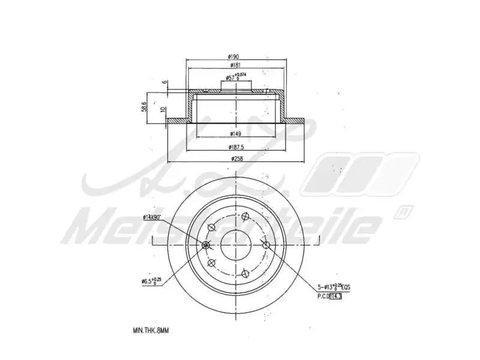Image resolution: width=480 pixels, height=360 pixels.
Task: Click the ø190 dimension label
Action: [235, 57]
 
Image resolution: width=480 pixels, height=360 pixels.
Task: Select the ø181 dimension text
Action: [235, 65]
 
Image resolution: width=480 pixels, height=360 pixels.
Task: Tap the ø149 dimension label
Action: [235, 134]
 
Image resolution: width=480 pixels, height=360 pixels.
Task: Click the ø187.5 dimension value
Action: [235, 147]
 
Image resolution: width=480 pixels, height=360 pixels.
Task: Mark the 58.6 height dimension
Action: [144, 107]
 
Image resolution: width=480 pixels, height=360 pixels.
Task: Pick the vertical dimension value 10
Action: [163, 109]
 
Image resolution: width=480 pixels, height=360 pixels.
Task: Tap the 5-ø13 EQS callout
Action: [333, 288]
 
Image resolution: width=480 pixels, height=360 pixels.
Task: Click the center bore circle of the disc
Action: [236, 244]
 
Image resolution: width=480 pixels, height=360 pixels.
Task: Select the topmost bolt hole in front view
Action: [245, 217]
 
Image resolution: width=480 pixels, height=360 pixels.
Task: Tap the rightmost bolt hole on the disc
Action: [266, 244]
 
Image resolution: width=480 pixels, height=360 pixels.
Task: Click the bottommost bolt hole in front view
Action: [245, 272]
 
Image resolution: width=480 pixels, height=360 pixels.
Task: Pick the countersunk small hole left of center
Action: [206, 245]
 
